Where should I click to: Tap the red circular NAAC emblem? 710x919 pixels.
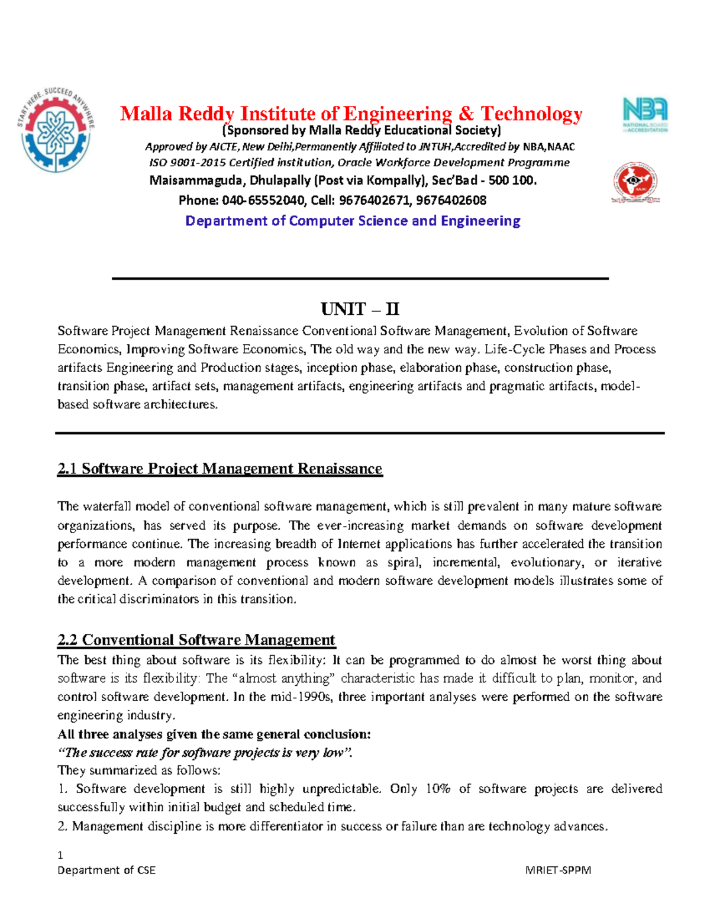click(x=635, y=182)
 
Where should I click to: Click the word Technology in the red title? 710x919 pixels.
click(x=531, y=113)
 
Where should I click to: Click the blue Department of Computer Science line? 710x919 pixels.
click(x=353, y=221)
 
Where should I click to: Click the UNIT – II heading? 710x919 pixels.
click(x=360, y=309)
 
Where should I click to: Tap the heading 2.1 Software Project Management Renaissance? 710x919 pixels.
click(x=220, y=469)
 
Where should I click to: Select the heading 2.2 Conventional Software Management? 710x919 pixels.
click(x=196, y=640)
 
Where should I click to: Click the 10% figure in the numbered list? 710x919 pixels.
click(x=438, y=789)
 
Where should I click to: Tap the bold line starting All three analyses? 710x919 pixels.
click(x=214, y=734)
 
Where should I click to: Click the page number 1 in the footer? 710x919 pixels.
click(x=60, y=855)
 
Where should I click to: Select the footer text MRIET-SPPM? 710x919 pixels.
click(x=558, y=870)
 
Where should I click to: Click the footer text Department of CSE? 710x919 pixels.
click(x=106, y=870)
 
